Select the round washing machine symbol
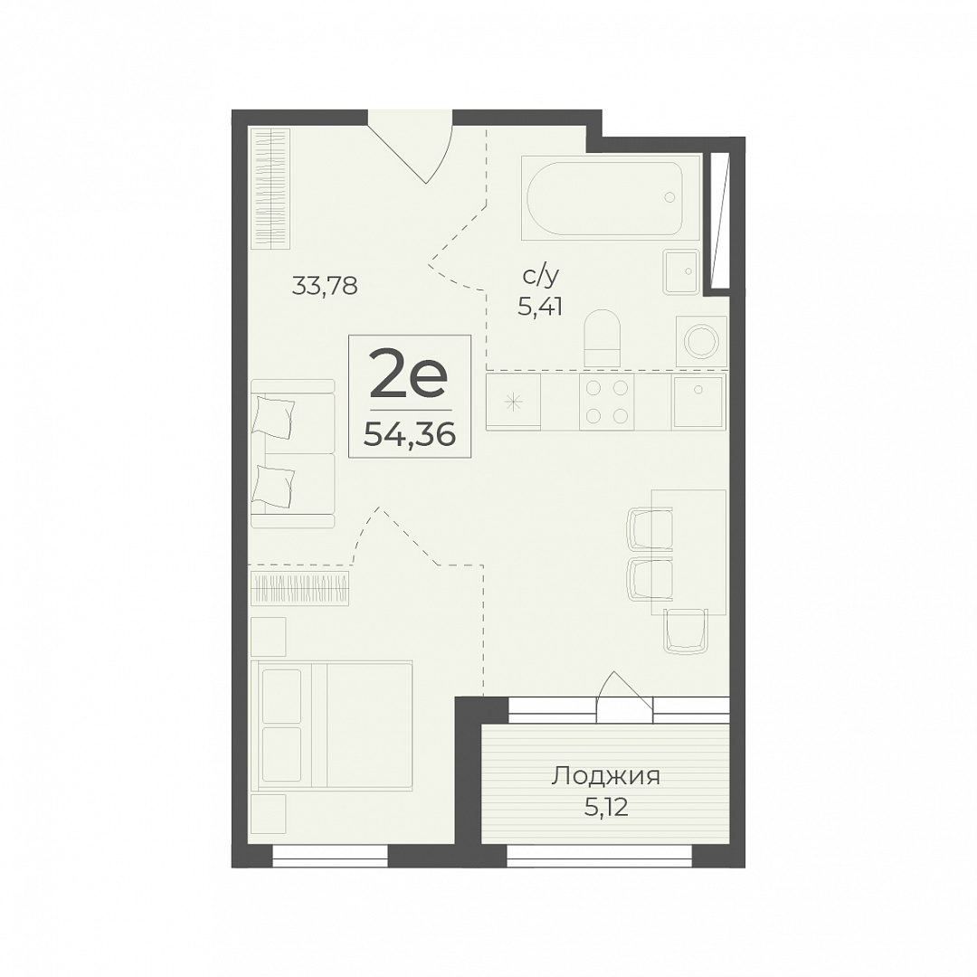(702, 339)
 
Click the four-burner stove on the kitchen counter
(606, 402)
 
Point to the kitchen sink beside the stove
(698, 401)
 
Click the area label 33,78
(325, 286)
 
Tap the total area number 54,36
(410, 433)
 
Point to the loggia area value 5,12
(605, 808)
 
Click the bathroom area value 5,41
(540, 307)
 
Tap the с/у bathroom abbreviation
(541, 276)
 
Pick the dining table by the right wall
(689, 552)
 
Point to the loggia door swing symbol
(624, 696)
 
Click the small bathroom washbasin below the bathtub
(681, 271)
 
